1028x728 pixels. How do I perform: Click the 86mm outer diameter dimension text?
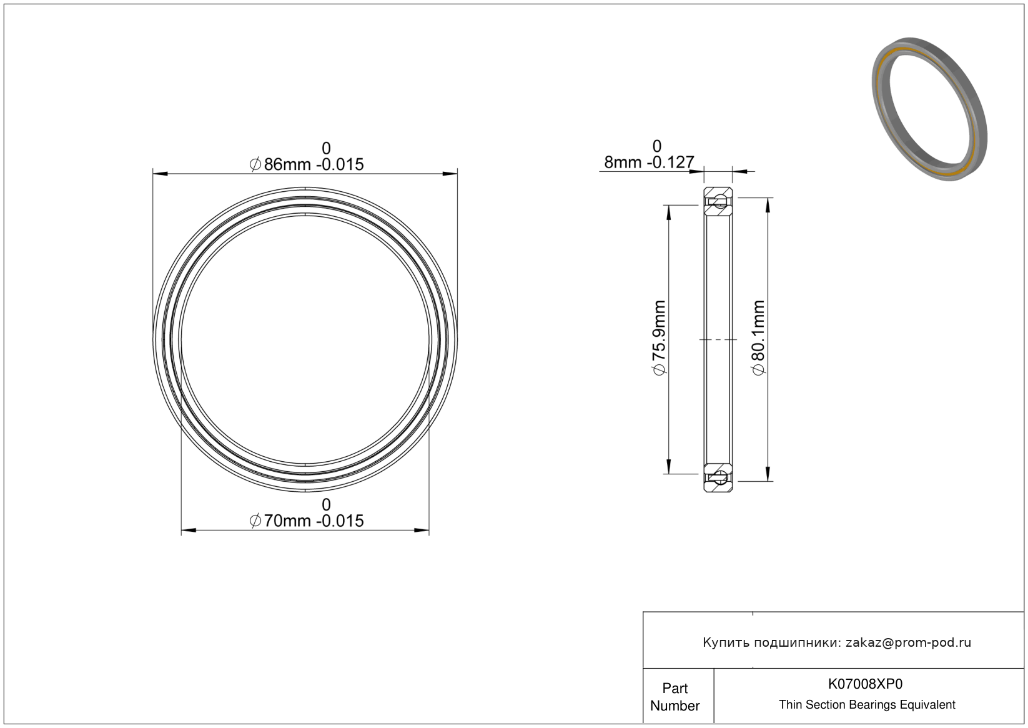click(x=306, y=164)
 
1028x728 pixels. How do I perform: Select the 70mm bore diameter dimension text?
click(x=306, y=521)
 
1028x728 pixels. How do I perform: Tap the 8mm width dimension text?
click(x=649, y=162)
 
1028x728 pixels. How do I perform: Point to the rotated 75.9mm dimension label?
click(x=659, y=337)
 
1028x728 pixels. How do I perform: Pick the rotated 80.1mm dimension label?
click(x=759, y=337)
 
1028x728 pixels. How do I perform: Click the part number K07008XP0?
click(x=865, y=684)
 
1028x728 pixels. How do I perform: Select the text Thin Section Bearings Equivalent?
click(x=867, y=704)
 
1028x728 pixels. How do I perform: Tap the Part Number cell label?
click(x=675, y=697)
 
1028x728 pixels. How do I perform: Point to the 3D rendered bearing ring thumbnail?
click(x=929, y=109)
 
